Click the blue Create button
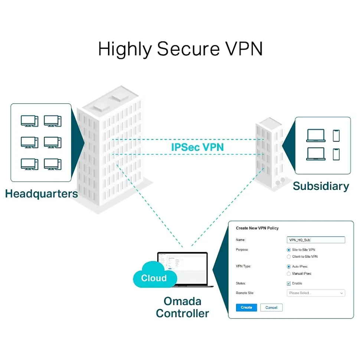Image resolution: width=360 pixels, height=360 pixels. coord(246,307)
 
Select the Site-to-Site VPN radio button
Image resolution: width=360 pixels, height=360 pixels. coord(289,250)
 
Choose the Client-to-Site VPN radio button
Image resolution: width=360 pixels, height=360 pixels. coord(289,257)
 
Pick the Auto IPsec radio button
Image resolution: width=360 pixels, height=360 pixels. coord(289,267)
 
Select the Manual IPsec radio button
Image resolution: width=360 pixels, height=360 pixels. coord(289,274)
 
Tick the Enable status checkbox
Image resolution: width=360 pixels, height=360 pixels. coord(289,283)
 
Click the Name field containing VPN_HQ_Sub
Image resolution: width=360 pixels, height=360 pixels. coord(316,240)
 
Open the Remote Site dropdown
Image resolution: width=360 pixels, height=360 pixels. coord(316,293)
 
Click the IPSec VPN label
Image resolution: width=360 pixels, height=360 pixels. coord(197,147)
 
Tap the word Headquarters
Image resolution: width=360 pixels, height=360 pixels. coord(42,194)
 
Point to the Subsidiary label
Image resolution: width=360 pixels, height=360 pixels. coord(321,186)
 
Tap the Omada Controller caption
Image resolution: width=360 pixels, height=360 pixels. coord(182,307)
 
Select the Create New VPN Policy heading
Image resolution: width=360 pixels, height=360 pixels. coord(257,228)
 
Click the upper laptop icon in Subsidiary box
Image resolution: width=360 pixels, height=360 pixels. coord(315,136)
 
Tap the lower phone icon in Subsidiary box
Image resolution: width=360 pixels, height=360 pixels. coord(336,154)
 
